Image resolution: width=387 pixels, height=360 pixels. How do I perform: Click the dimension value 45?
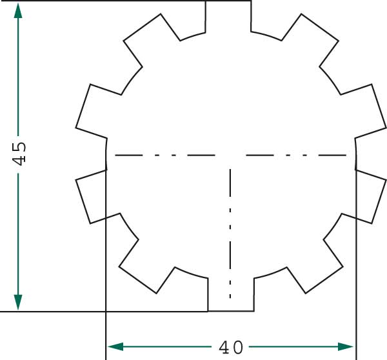pyautogui.click(x=19, y=154)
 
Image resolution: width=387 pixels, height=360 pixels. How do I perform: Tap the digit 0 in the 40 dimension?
pyautogui.click(x=238, y=347)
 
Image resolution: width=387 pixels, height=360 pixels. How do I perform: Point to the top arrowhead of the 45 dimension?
pyautogui.click(x=18, y=11)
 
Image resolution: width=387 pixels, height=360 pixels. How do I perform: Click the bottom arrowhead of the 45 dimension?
pyautogui.click(x=18, y=302)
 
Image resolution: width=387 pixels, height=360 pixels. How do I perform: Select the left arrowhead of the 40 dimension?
pyautogui.click(x=115, y=346)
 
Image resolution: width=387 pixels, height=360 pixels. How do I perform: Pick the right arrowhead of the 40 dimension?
pyautogui.click(x=346, y=346)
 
